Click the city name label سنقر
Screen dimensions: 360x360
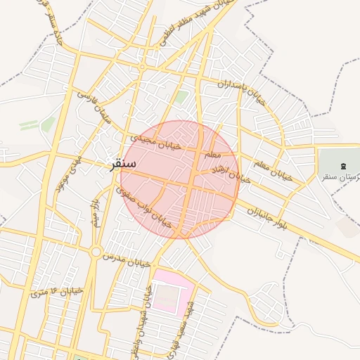tap(123, 165)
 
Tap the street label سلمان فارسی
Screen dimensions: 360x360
tap(95, 108)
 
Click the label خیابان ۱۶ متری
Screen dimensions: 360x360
tap(57, 290)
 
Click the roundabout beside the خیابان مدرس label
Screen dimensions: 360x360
tap(96, 252)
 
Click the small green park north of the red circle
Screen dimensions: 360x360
tap(182, 96)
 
